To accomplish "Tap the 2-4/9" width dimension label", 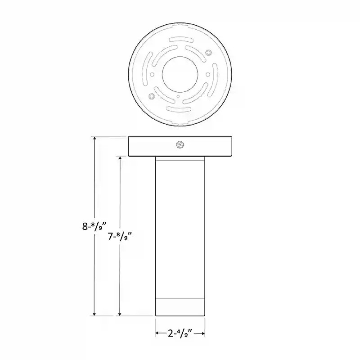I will click(x=180, y=333).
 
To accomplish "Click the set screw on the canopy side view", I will click(x=180, y=145).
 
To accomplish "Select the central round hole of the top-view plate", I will click(x=179, y=74).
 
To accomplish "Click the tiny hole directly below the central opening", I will click(x=179, y=96).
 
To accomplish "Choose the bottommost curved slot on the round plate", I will click(x=179, y=110).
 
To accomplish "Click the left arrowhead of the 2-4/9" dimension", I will click(x=158, y=333).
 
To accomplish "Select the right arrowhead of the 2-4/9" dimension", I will click(x=203, y=333).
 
